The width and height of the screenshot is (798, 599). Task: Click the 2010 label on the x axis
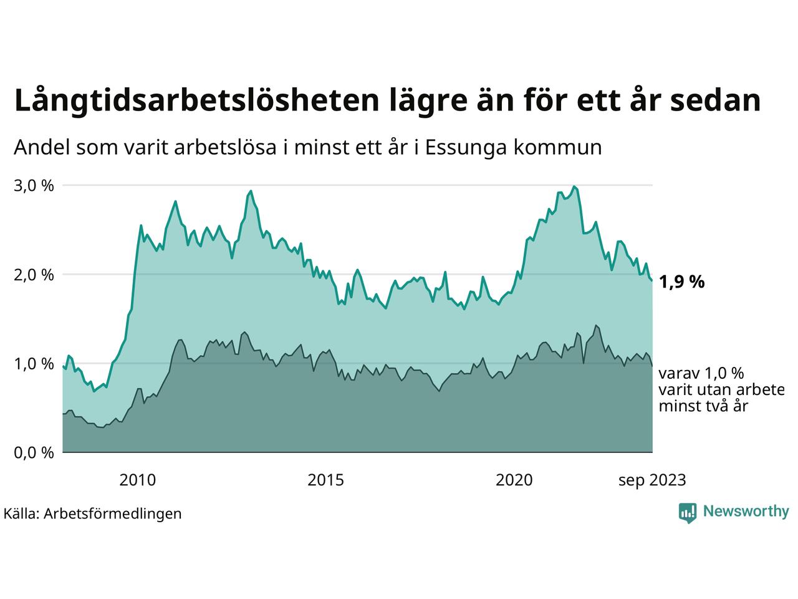[138, 480]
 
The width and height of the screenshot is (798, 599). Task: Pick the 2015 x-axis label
[326, 480]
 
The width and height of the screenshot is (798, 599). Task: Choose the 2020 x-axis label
[514, 480]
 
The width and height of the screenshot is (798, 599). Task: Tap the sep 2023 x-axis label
[652, 480]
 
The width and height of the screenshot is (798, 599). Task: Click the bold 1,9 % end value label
[681, 282]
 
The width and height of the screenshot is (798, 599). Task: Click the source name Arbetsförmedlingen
[113, 514]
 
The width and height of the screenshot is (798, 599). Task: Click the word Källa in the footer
[21, 514]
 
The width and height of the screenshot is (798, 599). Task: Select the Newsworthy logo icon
[688, 512]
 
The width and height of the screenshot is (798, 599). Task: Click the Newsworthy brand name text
[746, 512]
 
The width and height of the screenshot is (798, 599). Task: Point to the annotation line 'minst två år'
[703, 406]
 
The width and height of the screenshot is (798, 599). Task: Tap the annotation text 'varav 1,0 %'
[701, 374]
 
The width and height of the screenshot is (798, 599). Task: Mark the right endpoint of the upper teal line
[652, 281]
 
